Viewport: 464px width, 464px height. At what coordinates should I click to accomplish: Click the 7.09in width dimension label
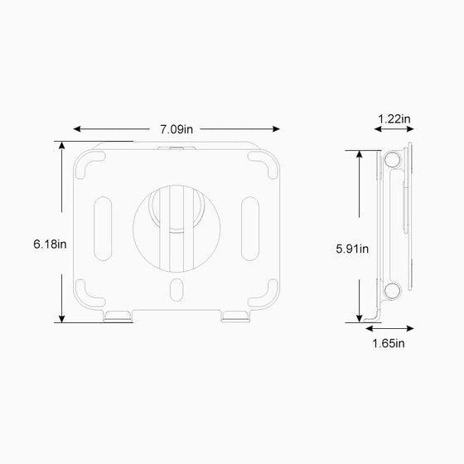pyautogui.click(x=176, y=128)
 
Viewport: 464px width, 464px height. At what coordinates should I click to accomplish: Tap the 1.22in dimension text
pyautogui.click(x=394, y=119)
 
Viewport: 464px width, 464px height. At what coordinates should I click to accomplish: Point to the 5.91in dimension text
pyautogui.click(x=352, y=248)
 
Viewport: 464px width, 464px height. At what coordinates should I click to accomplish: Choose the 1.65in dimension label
pyautogui.click(x=388, y=343)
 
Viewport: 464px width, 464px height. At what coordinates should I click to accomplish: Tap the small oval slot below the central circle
pyautogui.click(x=176, y=291)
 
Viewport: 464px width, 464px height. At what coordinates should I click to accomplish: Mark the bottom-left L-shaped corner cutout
pyautogui.click(x=85, y=291)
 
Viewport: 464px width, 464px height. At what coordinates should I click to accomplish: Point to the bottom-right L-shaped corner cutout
pyautogui.click(x=267, y=291)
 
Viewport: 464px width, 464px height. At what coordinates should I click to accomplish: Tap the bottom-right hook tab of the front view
pyautogui.click(x=234, y=316)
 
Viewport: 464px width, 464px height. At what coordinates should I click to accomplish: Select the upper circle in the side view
pyautogui.click(x=391, y=161)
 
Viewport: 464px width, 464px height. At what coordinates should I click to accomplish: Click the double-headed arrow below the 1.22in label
pyautogui.click(x=394, y=137)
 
